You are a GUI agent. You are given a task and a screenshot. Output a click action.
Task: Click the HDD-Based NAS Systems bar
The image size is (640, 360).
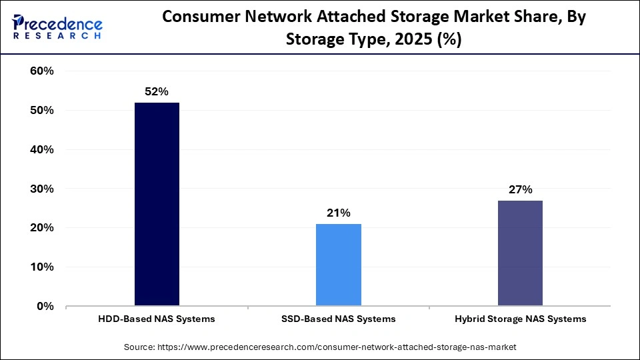(157, 204)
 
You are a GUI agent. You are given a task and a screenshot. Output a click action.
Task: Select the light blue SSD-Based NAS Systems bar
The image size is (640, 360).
(339, 265)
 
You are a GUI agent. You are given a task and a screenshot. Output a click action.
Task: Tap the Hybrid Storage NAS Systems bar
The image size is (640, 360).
(520, 253)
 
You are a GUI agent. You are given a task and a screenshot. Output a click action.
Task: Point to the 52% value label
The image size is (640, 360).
(157, 92)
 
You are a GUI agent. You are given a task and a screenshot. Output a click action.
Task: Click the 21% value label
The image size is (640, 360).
(339, 213)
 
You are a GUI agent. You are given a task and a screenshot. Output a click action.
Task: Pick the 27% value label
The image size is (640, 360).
(520, 190)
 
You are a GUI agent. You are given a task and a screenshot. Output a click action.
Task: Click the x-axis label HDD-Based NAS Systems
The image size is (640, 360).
(157, 319)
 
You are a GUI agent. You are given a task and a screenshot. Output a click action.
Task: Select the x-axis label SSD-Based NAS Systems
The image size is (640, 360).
(339, 319)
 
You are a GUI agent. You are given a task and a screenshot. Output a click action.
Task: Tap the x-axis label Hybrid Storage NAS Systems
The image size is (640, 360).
(520, 319)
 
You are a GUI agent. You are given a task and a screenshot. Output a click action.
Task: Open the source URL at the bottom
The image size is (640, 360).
(320, 347)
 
